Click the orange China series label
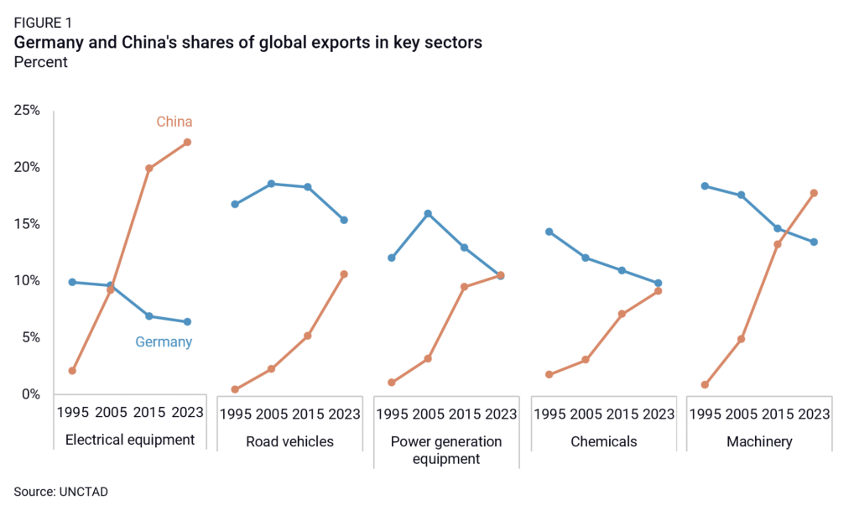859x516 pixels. coord(174,122)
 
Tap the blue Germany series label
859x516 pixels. coord(164,342)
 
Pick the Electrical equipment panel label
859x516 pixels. coord(129,440)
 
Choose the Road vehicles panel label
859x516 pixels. coord(289,441)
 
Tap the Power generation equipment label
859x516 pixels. coord(446,450)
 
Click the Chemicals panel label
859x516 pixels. coord(603,441)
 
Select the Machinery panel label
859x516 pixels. coord(759,441)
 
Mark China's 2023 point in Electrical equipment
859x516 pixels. coord(187,142)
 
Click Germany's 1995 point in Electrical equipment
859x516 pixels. coord(72,282)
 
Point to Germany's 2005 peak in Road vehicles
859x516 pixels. coord(271,183)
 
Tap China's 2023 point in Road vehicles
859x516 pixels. coord(344,274)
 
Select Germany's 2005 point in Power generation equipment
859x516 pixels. coord(428,213)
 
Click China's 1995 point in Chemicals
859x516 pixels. coord(549,374)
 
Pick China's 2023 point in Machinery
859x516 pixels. coord(814,193)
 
